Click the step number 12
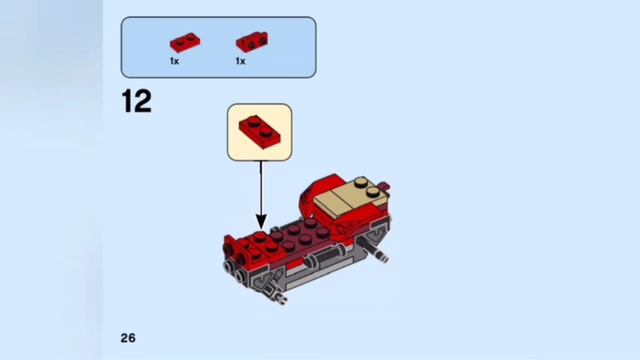[x=137, y=101]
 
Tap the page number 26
[x=128, y=338]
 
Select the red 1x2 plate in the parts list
[x=185, y=42]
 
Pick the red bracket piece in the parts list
[x=252, y=42]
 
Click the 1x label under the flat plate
[x=174, y=61]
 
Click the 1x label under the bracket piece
[x=240, y=61]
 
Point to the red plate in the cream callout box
[x=260, y=132]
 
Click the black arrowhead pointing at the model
[x=261, y=222]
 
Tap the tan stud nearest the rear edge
[x=361, y=182]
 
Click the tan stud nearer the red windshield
[x=373, y=192]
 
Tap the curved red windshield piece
[x=314, y=192]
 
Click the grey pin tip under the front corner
[x=280, y=298]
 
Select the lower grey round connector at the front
[x=238, y=278]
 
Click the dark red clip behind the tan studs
[x=384, y=186]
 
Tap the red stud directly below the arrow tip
[x=260, y=236]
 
